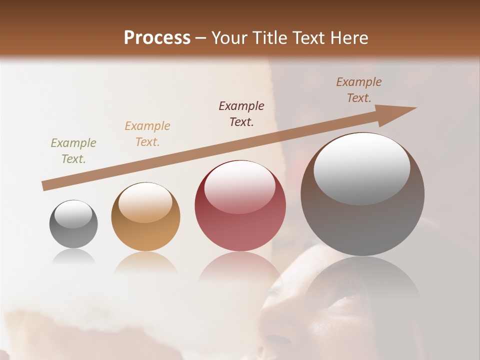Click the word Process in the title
click(157, 38)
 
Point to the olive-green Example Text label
click(73, 151)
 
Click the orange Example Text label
click(147, 134)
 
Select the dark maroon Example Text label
click(241, 113)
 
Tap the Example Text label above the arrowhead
click(359, 90)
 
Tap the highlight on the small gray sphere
click(73, 214)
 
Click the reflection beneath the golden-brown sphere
click(145, 262)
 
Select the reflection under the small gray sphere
click(73, 256)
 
